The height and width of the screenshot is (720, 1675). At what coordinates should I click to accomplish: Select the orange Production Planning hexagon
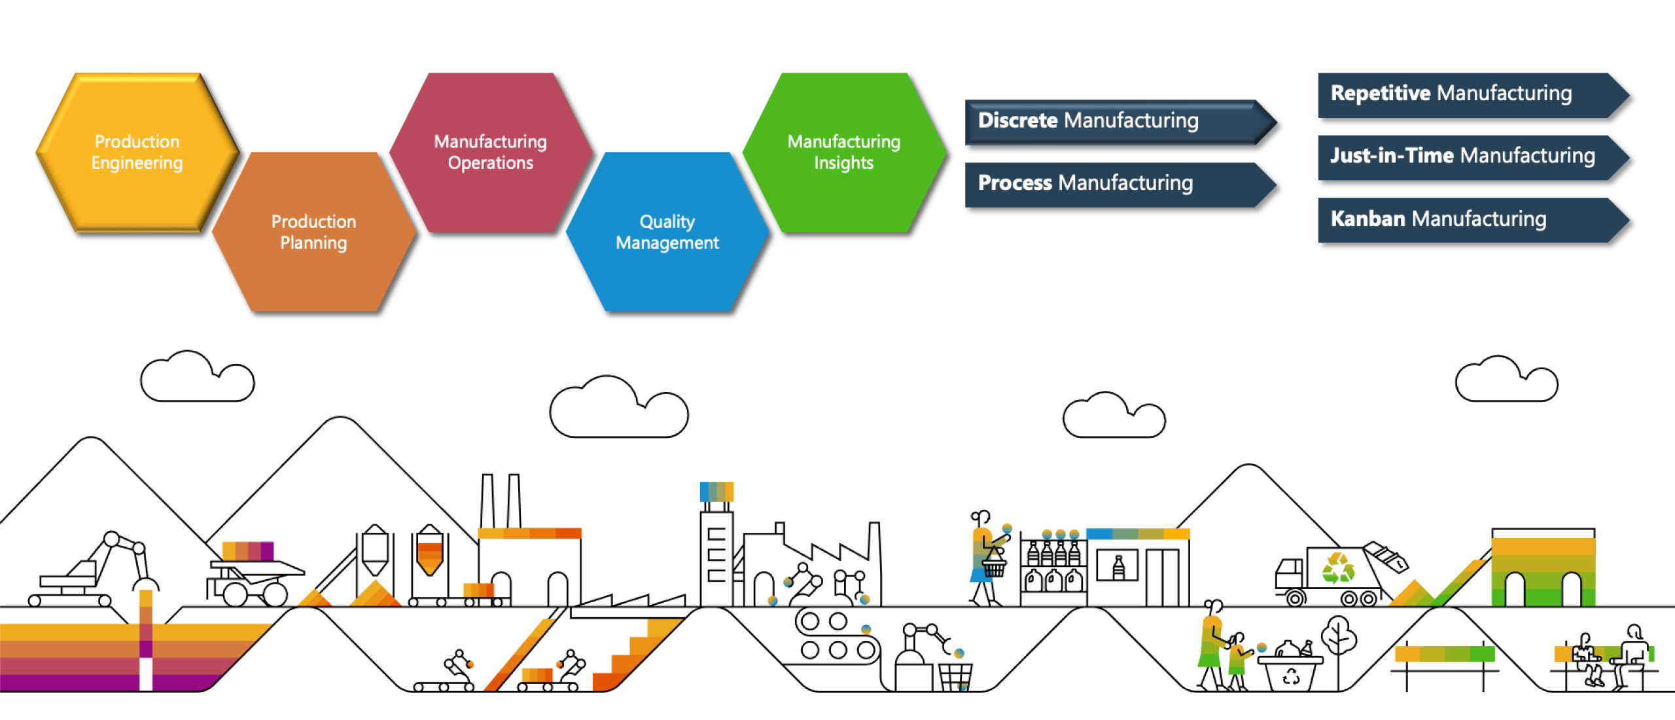tap(314, 232)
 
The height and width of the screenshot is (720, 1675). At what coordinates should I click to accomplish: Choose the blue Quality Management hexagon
tap(667, 232)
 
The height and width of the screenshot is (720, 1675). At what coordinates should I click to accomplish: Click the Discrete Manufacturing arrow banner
tap(1112, 121)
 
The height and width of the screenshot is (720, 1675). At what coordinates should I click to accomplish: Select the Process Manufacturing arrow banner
tap(1112, 183)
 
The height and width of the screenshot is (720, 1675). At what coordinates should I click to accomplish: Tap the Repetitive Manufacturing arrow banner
tap(1466, 94)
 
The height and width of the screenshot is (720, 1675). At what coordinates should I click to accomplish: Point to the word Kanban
tap(1367, 219)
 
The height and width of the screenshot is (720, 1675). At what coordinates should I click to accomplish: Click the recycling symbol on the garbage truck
tap(1337, 568)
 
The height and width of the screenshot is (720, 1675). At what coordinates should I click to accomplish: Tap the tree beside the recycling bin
tap(1339, 638)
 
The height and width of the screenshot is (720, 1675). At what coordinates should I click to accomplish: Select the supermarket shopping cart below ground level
tap(955, 675)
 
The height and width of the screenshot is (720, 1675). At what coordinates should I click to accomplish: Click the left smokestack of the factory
tap(487, 501)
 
